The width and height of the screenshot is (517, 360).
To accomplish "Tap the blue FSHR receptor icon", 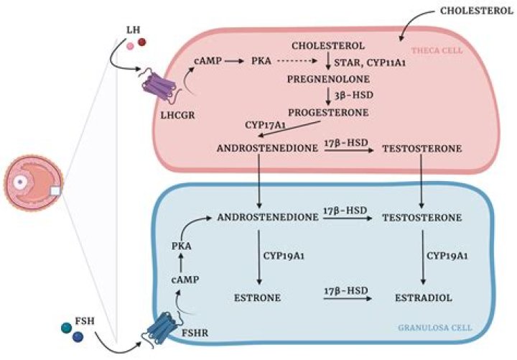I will pos(158,327).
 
